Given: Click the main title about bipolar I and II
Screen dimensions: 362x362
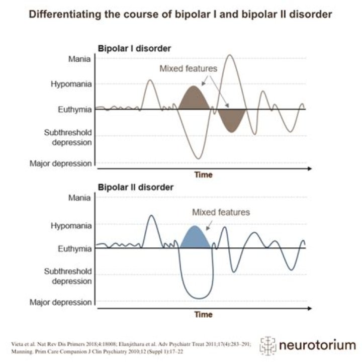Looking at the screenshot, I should [180, 15].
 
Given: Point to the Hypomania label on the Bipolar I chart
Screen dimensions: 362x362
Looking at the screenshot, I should [71, 84].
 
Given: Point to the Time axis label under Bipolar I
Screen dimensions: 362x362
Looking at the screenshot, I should [204, 175].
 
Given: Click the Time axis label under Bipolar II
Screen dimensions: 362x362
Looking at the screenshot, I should [204, 314].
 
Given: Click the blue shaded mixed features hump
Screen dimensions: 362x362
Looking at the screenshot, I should [195, 238].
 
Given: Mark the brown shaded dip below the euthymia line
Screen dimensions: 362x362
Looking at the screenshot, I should [231, 119].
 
